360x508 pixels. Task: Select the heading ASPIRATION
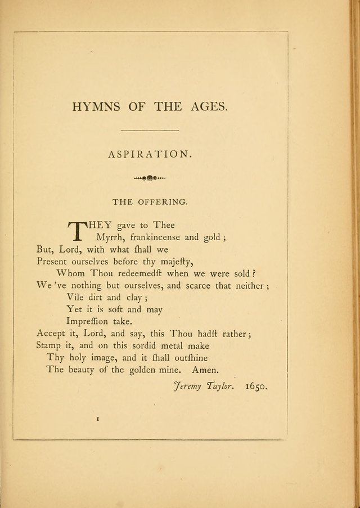(x=149, y=154)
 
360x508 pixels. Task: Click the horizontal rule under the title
(x=150, y=131)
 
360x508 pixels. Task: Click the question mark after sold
(x=255, y=273)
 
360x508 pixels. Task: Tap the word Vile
(x=76, y=298)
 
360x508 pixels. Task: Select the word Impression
(x=90, y=322)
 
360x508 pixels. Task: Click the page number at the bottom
(x=98, y=419)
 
